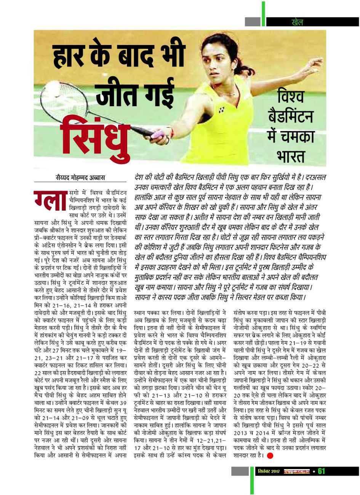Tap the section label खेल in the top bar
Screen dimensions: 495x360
click(297, 22)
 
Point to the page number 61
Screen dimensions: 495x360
click(321, 471)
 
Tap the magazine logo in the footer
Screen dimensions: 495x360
click(297, 471)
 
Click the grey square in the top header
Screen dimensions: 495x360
click(253, 22)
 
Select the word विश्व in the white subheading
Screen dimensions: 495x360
click(291, 96)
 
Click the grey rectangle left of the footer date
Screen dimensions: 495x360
click(240, 471)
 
